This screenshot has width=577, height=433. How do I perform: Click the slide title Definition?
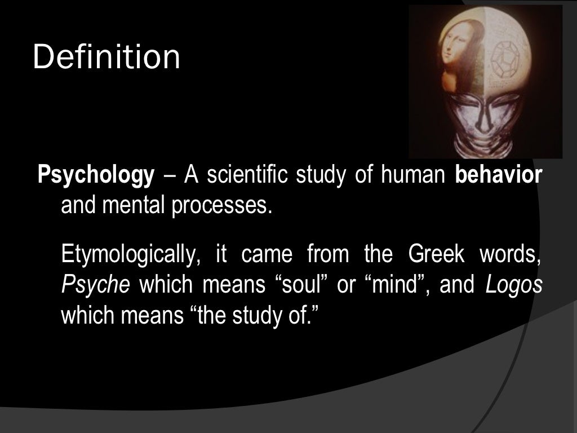click(x=106, y=58)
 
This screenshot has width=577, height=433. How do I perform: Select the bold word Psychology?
click(x=95, y=176)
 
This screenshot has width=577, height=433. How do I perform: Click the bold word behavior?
click(x=498, y=176)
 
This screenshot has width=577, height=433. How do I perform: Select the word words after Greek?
click(x=510, y=254)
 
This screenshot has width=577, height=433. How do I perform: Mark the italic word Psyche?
click(x=95, y=285)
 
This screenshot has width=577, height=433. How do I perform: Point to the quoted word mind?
click(x=398, y=285)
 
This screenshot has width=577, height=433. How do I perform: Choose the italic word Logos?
click(x=513, y=285)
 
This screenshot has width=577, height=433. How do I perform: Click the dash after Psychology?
click(x=168, y=177)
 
